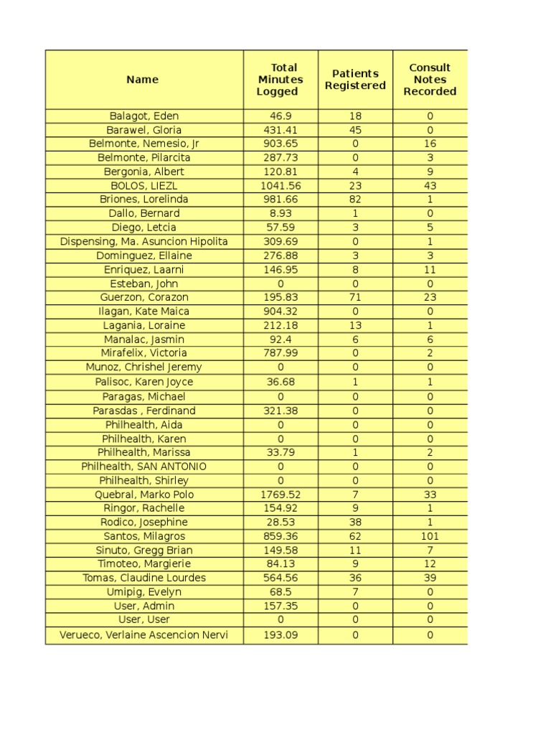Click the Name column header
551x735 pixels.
coord(142,80)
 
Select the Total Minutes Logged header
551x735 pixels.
coord(280,80)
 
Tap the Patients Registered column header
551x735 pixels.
coord(355,80)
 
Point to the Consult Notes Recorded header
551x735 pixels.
coord(430,80)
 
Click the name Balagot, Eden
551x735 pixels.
coord(144,116)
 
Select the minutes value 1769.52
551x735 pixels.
coord(281,495)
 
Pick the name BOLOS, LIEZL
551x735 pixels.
coord(144,185)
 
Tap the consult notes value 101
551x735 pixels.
coord(430,536)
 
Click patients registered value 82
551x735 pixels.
coord(355,200)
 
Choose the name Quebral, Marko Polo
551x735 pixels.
coord(144,495)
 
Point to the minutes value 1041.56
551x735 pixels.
coord(281,185)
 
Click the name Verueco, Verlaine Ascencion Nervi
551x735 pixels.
coord(144,635)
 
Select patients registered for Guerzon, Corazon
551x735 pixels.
coord(355,297)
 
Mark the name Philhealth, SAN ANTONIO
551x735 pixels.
coord(144,467)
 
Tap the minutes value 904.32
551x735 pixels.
coord(281,312)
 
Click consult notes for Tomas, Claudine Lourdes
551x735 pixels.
coord(430,578)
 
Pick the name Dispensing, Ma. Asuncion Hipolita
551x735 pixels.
coord(144,242)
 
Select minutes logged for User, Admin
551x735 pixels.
coord(281,606)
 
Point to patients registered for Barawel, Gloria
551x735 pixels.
coord(355,130)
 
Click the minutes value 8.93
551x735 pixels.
coord(281,213)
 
